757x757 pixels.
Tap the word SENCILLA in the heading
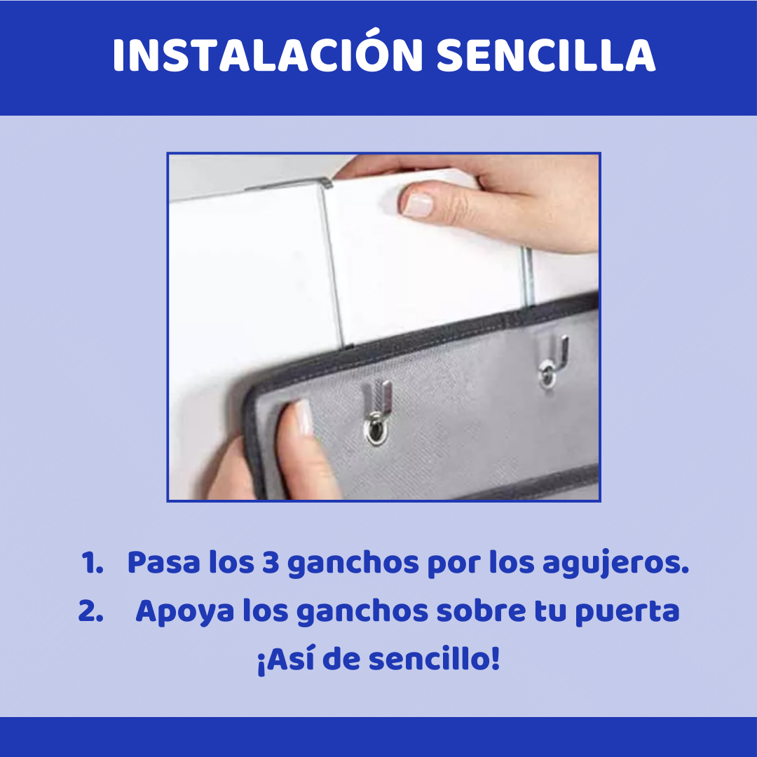click(x=545, y=55)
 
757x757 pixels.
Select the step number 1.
click(x=92, y=564)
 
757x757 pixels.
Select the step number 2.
click(x=90, y=611)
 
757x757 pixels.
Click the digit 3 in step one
click(x=271, y=563)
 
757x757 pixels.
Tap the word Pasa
click(x=163, y=563)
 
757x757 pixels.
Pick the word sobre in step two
click(x=481, y=611)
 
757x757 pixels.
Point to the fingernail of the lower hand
click(x=304, y=418)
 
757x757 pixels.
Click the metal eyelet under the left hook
click(x=376, y=430)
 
